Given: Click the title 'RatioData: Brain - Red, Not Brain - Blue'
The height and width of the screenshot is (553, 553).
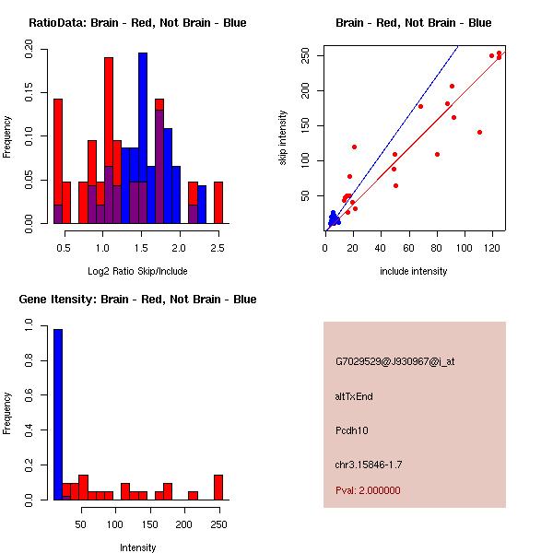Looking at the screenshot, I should click(137, 23).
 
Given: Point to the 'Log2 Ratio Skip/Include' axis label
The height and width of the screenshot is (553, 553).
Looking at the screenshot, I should click(137, 271).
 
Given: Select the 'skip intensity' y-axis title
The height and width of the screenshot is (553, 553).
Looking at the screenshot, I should click(283, 138).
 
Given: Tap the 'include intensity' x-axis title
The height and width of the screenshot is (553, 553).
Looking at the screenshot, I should click(414, 271).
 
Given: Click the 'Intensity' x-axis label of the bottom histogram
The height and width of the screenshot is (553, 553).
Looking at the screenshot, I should click(137, 547).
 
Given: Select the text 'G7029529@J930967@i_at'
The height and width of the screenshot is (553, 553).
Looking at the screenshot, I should click(394, 361).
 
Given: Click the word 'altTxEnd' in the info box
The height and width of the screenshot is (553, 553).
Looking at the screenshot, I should click(354, 396).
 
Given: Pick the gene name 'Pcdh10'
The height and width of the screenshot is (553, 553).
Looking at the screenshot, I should click(352, 430).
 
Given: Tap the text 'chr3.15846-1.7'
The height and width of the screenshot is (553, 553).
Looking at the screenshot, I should click(369, 464).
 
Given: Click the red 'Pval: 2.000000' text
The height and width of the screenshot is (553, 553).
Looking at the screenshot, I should click(368, 490).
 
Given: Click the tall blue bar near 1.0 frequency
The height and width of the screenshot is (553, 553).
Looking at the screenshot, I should click(58, 415).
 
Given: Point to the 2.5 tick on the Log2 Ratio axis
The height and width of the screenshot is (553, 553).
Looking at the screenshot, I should click(218, 248).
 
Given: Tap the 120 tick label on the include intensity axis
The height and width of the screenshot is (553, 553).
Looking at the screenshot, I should click(492, 248).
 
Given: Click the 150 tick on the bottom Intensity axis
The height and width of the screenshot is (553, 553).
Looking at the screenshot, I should click(149, 524).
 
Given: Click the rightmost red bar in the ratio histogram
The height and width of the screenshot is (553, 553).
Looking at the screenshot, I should click(218, 203).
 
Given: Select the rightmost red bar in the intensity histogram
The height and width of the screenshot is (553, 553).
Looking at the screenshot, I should click(218, 488).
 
